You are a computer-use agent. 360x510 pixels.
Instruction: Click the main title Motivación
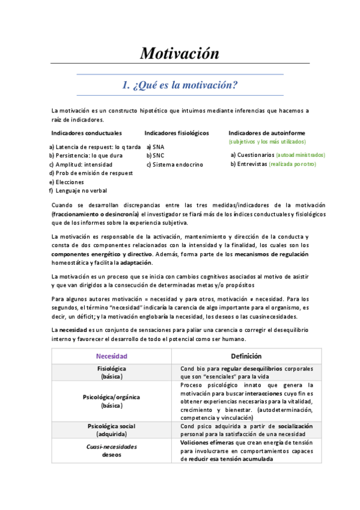pos(180,53)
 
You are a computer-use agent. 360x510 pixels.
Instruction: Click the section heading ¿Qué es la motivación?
pos(180,85)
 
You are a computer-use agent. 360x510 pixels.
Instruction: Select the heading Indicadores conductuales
pos(87,133)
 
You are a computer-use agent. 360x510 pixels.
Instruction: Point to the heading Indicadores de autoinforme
pos(266,133)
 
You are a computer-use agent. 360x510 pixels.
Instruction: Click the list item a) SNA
pos(155,146)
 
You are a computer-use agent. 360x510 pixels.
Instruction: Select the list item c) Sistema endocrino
pos(174,164)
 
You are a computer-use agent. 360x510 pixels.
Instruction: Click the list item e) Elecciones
pos(67,182)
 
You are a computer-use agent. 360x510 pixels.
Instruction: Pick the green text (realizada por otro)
pos(292,164)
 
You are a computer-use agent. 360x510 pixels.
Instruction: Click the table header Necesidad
pos(112,356)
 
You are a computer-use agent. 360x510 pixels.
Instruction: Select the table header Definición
pos(246,356)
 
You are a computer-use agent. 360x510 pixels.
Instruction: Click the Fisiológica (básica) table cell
pos(112,372)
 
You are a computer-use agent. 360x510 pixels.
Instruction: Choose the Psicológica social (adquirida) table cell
pos(112,430)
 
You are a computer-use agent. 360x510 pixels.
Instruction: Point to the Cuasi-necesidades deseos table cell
pos(112,450)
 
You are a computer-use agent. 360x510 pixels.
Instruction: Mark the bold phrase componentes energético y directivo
pos(93,254)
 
